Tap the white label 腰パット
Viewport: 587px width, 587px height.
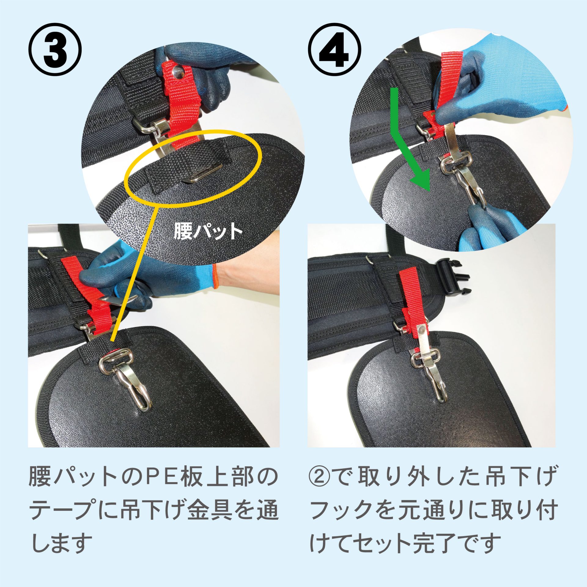[x=208, y=231]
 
